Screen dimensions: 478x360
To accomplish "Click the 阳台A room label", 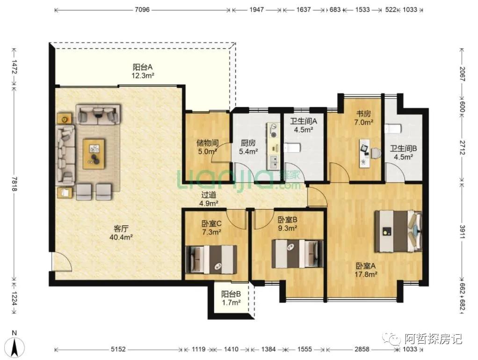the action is (x=143, y=71).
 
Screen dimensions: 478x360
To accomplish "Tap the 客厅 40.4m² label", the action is (x=121, y=233).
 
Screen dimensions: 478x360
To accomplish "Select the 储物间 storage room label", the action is (x=207, y=147).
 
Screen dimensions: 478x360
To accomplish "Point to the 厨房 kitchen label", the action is (x=248, y=147).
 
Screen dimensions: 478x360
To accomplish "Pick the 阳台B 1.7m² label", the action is (x=231, y=298).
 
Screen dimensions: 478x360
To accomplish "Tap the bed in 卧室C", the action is (x=211, y=259).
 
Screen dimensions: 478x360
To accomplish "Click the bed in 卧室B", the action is (x=297, y=254).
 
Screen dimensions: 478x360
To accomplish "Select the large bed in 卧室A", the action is (x=398, y=231).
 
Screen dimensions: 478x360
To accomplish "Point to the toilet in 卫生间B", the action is (x=393, y=129).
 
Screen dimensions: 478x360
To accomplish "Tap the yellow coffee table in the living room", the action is (x=94, y=154).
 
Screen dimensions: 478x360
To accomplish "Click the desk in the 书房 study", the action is (x=364, y=153).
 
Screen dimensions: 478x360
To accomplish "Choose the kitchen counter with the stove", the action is (x=273, y=146).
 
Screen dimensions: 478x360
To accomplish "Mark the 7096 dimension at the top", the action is (x=142, y=10).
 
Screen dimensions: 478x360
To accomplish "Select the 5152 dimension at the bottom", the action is (x=118, y=349).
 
